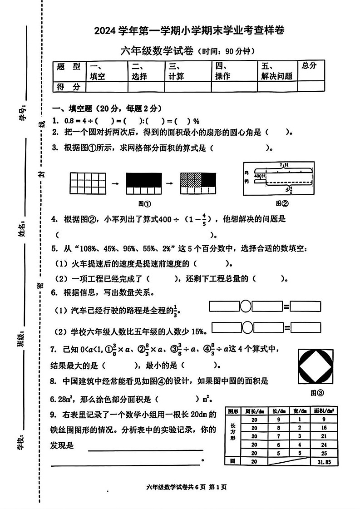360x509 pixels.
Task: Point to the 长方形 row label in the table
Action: (233, 432)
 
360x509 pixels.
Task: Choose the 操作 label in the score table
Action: (222, 76)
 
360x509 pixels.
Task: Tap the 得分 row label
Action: (69, 87)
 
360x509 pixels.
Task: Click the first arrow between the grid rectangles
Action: (116, 183)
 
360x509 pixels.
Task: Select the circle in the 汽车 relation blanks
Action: (246, 306)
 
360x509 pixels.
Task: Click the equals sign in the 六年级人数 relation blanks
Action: (287, 327)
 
